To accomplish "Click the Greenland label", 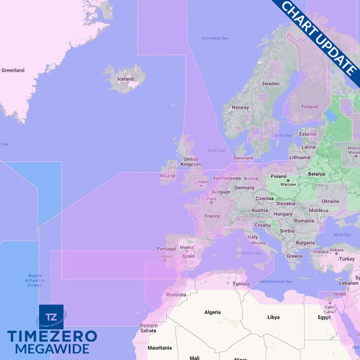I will tap(13, 70).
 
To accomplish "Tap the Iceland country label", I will tap(126, 79).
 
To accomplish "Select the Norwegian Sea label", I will tap(215, 38).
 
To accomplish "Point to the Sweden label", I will tap(270, 84).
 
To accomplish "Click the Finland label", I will tap(309, 107).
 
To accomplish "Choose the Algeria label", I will tap(213, 312).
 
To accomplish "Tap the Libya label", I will tap(274, 317).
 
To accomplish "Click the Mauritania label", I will tap(159, 348).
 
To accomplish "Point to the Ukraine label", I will tap(330, 201).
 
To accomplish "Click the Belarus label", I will tap(317, 174).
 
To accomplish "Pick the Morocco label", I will tap(176, 294).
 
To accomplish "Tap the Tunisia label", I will tap(241, 284).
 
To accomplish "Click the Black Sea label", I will tap(342, 234).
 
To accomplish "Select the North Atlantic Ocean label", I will tap(34, 280).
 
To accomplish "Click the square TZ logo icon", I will tap(51, 316).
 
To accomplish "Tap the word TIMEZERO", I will tap(52, 336).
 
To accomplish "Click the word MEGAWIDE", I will tap(52, 349).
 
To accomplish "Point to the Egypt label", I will tap(324, 317).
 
